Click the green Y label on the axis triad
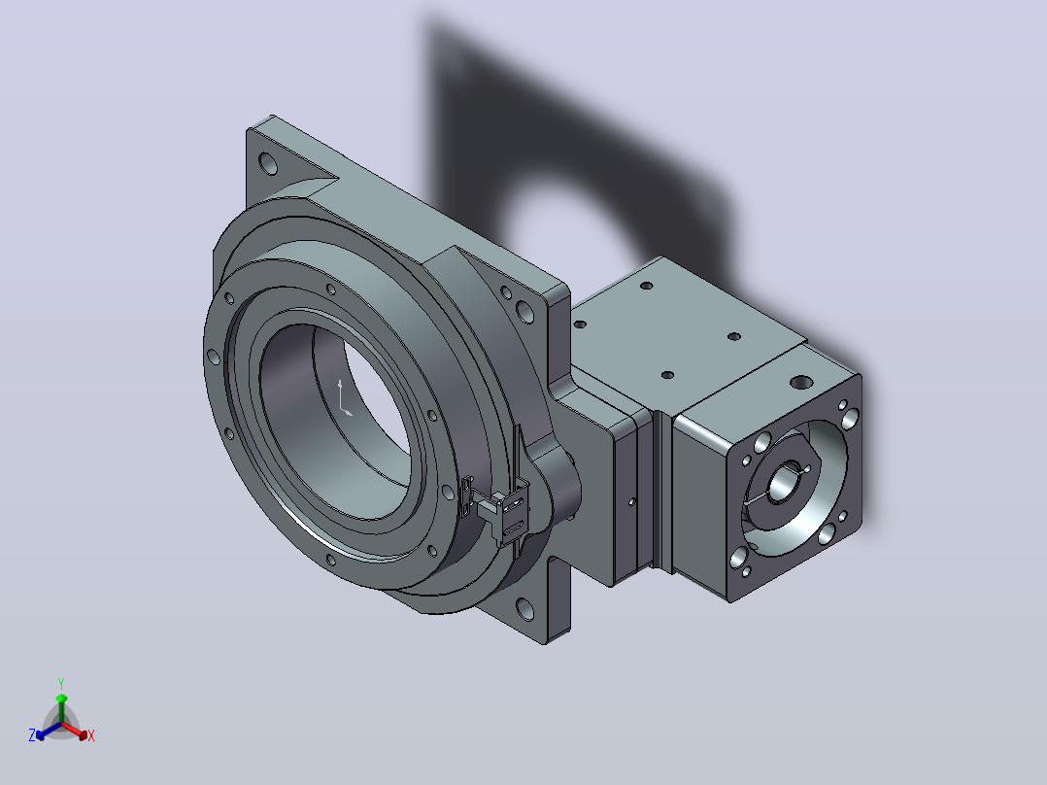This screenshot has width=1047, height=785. coord(61,683)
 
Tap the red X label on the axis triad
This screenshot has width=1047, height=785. coord(91,735)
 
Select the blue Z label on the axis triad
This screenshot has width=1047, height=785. coord(32,734)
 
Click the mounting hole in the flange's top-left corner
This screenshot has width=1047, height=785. coord(268,163)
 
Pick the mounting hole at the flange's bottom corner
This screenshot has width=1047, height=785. coord(524,609)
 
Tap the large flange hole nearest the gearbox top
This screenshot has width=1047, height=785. coord(524,311)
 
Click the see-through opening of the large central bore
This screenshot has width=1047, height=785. coord(378,395)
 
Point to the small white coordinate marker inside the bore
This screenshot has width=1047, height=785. coord(343,399)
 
